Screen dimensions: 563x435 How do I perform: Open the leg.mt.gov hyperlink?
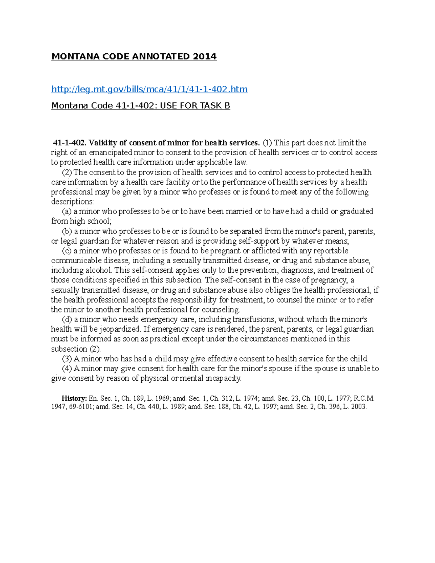149,89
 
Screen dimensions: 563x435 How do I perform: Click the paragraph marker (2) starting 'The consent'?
67,172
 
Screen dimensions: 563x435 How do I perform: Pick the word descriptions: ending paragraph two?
72,202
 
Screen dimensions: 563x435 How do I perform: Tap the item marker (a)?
67,211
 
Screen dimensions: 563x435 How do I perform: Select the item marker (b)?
67,231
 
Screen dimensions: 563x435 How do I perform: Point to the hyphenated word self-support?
215,241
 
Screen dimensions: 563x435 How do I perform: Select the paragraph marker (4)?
67,369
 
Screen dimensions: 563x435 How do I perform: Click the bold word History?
74,398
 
